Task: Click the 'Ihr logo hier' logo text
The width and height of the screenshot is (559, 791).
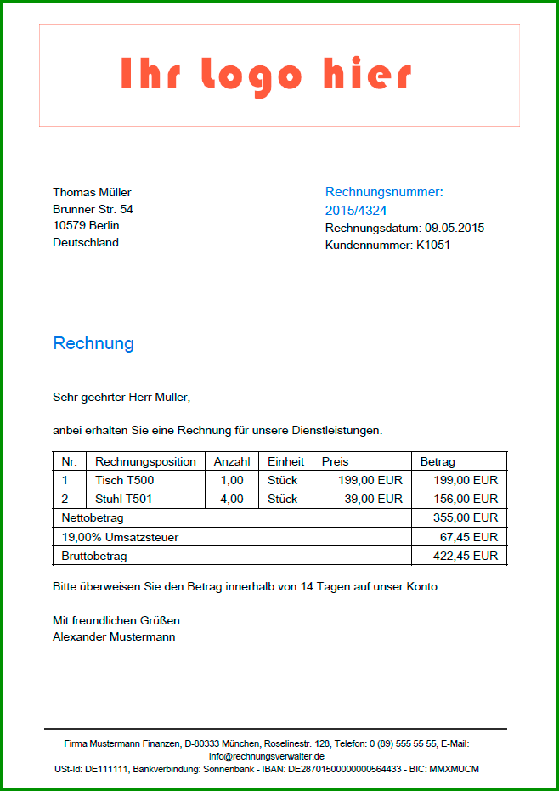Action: tap(266, 75)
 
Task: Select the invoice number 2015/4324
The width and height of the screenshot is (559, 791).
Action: tap(356, 210)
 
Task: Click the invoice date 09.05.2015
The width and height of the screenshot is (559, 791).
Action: tap(455, 228)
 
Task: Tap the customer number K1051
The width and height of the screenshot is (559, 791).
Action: tap(432, 245)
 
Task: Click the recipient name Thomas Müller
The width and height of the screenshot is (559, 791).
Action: tap(92, 192)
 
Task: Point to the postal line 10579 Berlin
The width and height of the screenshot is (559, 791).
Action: tap(86, 225)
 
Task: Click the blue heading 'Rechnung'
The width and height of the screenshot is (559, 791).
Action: tap(93, 343)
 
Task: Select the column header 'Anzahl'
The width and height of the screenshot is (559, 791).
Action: tap(232, 461)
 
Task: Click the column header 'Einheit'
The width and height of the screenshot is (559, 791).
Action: tap(285, 461)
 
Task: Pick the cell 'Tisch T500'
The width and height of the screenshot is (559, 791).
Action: tap(124, 480)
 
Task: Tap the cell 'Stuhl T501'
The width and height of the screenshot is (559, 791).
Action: tap(124, 499)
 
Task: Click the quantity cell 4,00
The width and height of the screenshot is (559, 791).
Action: tap(232, 499)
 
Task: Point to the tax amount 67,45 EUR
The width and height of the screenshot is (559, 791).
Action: tap(469, 537)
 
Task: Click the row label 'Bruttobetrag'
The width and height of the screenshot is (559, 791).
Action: tap(94, 556)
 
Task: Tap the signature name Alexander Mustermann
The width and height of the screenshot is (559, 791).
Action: tap(114, 636)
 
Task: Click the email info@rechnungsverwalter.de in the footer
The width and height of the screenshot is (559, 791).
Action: tap(267, 755)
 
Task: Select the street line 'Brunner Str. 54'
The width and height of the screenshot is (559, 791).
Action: tap(93, 209)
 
